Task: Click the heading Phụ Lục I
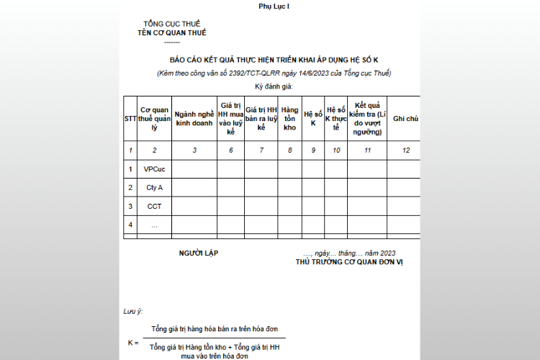pos(274,6)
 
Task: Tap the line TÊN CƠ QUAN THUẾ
pos(172,33)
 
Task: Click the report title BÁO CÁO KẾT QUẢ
pos(274,60)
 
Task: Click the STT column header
pos(130,118)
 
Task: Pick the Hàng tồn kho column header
pos(290,118)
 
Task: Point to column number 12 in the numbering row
pos(405,150)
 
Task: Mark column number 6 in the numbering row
pos(230,150)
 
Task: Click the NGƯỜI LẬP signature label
pos(199,253)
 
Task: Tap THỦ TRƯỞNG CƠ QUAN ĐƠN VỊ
pos(349,262)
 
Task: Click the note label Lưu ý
pos(132,311)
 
